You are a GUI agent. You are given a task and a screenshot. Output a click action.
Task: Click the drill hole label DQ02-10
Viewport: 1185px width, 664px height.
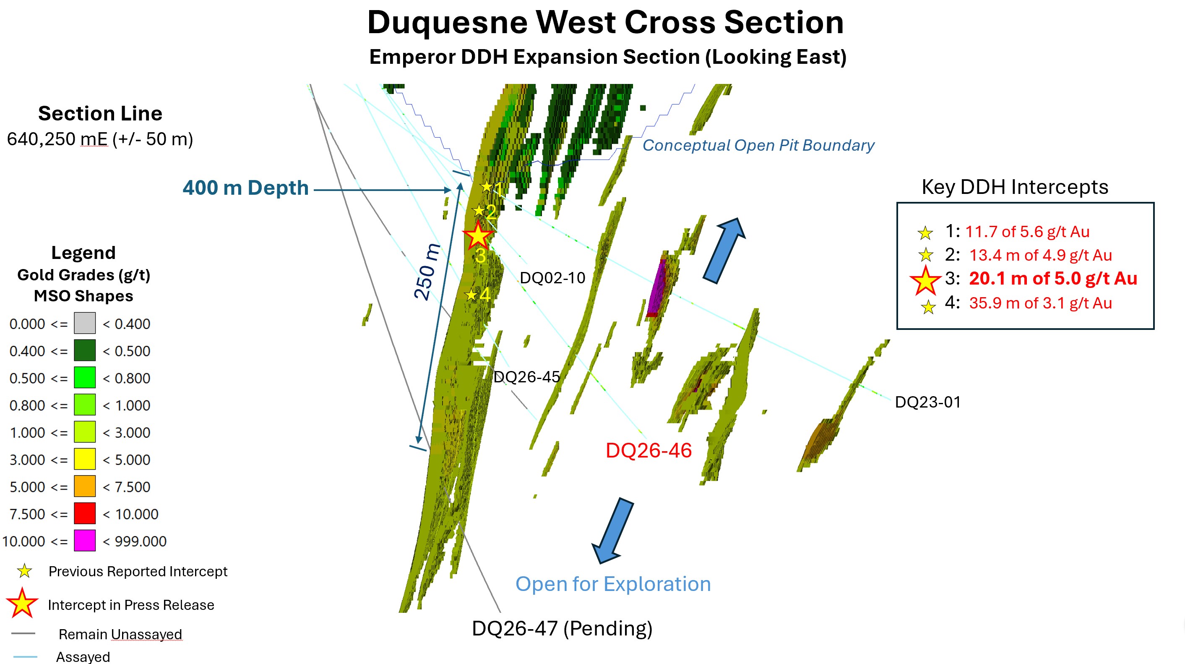(552, 278)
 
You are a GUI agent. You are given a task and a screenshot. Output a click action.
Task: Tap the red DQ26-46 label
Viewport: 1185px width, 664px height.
(648, 450)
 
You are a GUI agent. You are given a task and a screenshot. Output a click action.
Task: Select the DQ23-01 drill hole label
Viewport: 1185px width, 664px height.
(928, 402)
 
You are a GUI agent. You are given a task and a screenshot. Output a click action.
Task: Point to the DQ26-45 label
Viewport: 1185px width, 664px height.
(527, 377)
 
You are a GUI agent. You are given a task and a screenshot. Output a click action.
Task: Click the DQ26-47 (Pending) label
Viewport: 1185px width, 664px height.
(562, 629)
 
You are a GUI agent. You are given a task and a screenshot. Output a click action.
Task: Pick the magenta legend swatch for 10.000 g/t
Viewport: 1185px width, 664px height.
(85, 540)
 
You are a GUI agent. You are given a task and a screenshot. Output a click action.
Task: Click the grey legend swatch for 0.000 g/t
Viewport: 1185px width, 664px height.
(85, 323)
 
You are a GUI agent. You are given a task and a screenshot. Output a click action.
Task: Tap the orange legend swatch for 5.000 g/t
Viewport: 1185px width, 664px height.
(85, 486)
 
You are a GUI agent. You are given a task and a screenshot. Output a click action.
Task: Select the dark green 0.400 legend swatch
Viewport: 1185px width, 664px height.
(85, 350)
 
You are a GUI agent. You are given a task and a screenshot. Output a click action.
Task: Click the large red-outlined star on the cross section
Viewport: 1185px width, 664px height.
(478, 235)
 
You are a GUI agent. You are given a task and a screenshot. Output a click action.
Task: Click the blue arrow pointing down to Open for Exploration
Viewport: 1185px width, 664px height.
(612, 531)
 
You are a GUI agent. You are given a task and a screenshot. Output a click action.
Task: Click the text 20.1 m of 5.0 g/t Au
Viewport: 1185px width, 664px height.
(1053, 278)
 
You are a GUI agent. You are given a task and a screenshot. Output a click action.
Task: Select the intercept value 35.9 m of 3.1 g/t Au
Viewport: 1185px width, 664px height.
(1041, 303)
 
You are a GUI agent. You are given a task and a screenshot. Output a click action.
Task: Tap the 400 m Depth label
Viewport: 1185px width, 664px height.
(246, 188)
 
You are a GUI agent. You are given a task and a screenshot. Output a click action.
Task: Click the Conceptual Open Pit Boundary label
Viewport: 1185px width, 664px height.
(758, 145)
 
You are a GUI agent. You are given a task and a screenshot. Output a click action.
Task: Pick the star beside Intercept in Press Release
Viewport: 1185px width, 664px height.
(22, 603)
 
